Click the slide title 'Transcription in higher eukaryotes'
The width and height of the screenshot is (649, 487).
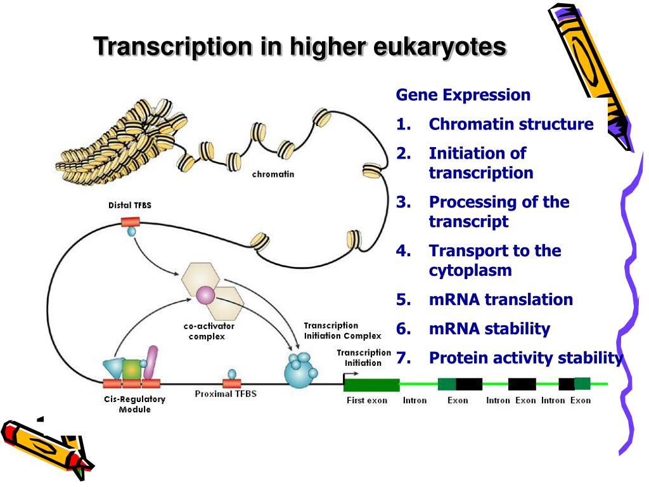click(300, 47)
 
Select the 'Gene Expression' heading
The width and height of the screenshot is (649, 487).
click(463, 95)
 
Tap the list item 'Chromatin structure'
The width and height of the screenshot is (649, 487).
click(511, 124)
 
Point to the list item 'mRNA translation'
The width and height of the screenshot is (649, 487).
click(501, 299)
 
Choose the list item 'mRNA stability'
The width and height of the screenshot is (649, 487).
click(489, 328)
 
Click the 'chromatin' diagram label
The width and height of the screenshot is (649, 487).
click(273, 174)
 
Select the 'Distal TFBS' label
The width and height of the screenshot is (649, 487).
click(130, 205)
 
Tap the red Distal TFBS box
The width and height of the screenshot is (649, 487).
click(131, 221)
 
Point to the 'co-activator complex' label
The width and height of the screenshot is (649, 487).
click(209, 331)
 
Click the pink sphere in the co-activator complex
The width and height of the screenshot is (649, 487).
click(206, 295)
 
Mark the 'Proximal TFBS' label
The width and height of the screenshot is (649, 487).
click(226, 394)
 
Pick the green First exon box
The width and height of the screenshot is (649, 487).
click(371, 384)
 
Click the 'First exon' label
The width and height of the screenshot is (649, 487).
click(367, 401)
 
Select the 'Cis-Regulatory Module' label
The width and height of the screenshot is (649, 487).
click(134, 405)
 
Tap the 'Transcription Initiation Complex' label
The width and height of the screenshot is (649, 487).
click(342, 330)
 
